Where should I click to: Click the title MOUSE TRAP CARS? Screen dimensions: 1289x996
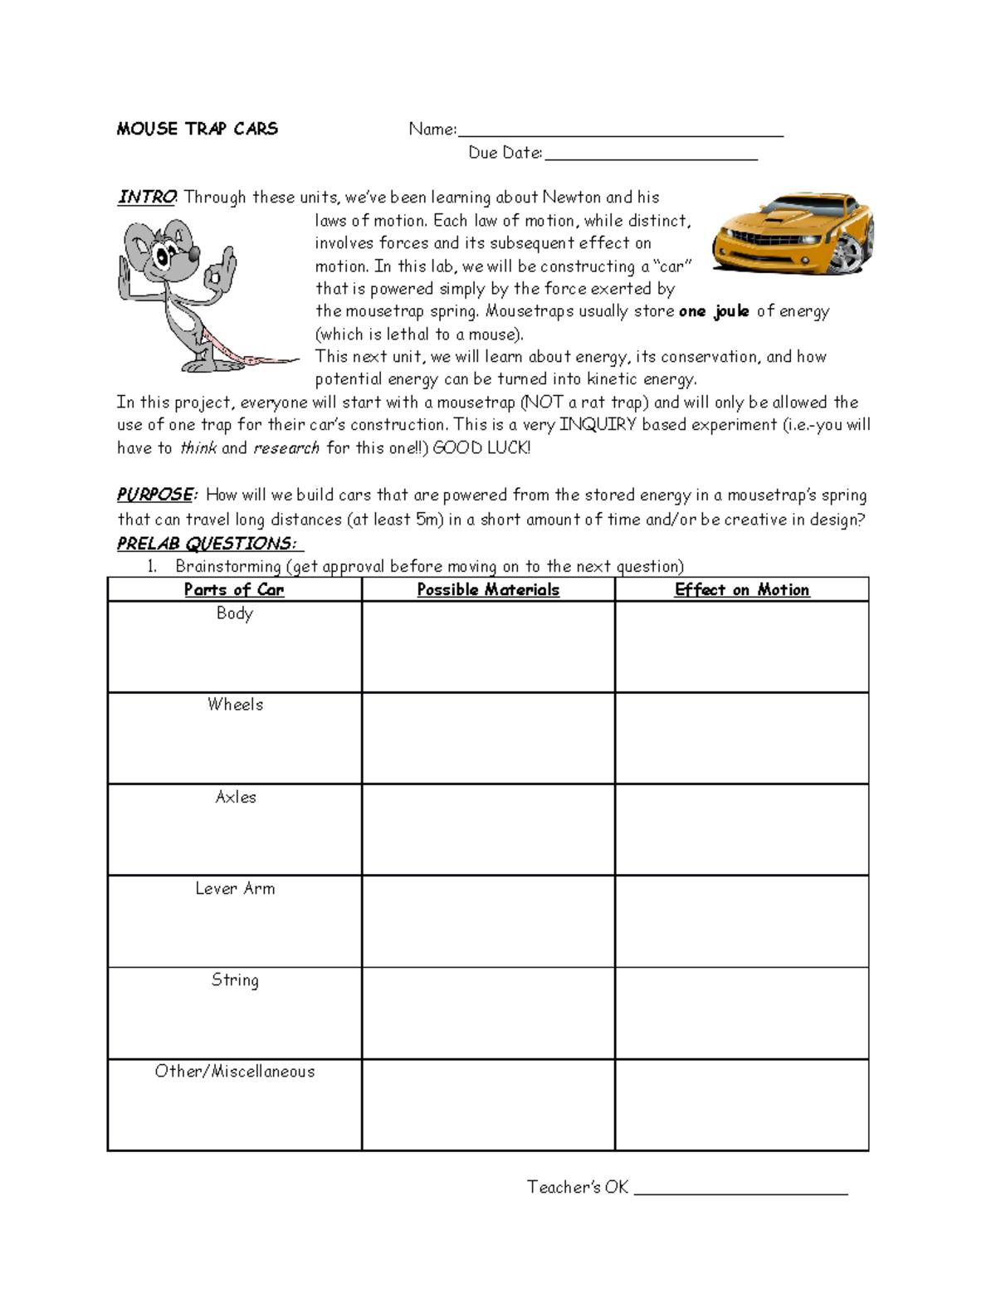197,129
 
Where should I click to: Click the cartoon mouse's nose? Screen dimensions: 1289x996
193,253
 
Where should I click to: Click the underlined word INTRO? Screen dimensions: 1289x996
146,198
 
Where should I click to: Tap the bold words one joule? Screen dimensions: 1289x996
714,311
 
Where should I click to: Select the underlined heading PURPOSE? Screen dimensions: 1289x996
155,495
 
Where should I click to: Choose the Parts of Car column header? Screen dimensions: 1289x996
234,589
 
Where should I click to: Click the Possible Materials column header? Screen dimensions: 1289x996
488,589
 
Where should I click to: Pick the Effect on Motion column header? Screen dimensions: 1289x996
742,589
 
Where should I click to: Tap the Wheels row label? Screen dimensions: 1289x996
235,705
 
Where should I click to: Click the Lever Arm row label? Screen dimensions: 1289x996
235,888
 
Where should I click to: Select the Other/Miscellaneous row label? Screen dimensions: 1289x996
235,1072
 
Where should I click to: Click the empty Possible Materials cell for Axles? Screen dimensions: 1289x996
488,829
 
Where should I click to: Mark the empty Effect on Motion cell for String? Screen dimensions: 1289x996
742,1013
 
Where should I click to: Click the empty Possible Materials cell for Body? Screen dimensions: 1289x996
488,647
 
